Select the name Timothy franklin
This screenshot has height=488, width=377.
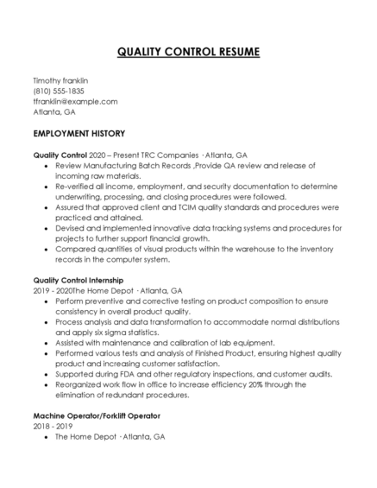tap(60, 80)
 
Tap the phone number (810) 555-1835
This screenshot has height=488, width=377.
tap(59, 91)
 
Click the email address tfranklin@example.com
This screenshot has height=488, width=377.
tap(75, 101)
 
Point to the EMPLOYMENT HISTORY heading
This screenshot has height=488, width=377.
tap(79, 134)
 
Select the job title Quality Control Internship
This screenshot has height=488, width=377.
tap(78, 280)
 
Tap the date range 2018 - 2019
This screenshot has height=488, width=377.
tap(53, 426)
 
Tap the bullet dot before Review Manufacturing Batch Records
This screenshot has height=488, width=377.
tap(45, 164)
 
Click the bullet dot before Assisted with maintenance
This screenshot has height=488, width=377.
tap(45, 342)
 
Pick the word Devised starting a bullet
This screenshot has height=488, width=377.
tap(69, 228)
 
